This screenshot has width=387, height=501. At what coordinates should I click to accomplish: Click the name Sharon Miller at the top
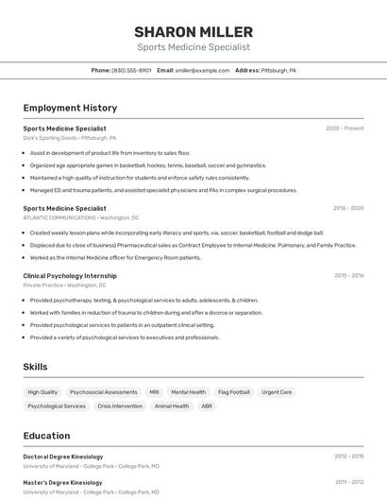click(193, 31)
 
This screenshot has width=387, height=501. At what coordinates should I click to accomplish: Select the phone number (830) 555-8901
click(131, 70)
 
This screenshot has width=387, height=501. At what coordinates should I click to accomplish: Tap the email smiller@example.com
click(202, 70)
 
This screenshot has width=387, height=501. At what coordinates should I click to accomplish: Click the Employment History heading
click(70, 108)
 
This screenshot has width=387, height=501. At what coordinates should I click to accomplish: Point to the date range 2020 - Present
click(345, 128)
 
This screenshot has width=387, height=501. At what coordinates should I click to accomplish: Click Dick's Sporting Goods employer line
click(70, 138)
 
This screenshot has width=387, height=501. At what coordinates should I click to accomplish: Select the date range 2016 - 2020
click(348, 208)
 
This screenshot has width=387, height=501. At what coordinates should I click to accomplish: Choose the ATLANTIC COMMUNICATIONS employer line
click(81, 217)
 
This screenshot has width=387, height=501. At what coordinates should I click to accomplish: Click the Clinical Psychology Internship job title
click(75, 275)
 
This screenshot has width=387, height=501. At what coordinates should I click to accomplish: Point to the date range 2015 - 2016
click(348, 275)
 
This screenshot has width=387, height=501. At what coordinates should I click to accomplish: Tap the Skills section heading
click(36, 367)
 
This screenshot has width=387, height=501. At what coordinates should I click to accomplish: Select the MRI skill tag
click(154, 391)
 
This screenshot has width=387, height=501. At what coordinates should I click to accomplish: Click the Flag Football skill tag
click(234, 391)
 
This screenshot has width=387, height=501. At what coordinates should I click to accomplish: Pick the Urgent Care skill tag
click(277, 391)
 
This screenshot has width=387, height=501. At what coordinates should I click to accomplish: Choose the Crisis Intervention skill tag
click(120, 406)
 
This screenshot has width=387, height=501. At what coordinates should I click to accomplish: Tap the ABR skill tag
click(207, 406)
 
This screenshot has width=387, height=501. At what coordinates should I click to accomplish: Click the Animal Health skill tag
click(172, 406)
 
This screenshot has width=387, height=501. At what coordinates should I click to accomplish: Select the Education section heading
click(46, 436)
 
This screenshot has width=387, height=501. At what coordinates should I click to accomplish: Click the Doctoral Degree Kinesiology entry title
click(63, 457)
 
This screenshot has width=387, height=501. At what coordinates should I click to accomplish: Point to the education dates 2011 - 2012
click(348, 482)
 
